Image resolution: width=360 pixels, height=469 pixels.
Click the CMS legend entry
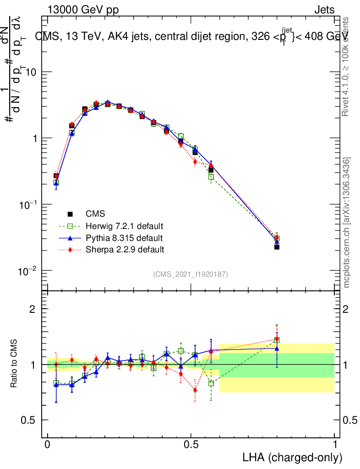95,214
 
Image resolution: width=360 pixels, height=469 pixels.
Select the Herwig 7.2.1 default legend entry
125,226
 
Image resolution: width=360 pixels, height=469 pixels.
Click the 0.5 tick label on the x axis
191,444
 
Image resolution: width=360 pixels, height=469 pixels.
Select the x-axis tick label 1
335,444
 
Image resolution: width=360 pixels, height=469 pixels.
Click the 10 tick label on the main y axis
30,72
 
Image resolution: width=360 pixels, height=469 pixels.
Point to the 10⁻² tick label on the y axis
27,270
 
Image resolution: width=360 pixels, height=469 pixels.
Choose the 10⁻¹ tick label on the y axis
27,204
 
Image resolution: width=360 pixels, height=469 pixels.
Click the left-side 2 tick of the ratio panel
33,309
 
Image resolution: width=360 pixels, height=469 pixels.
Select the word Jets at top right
324,10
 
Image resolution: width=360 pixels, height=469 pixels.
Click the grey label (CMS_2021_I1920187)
191,274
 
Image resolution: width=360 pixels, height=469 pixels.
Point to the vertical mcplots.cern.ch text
347,223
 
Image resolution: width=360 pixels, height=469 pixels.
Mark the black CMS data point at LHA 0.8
277,247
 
